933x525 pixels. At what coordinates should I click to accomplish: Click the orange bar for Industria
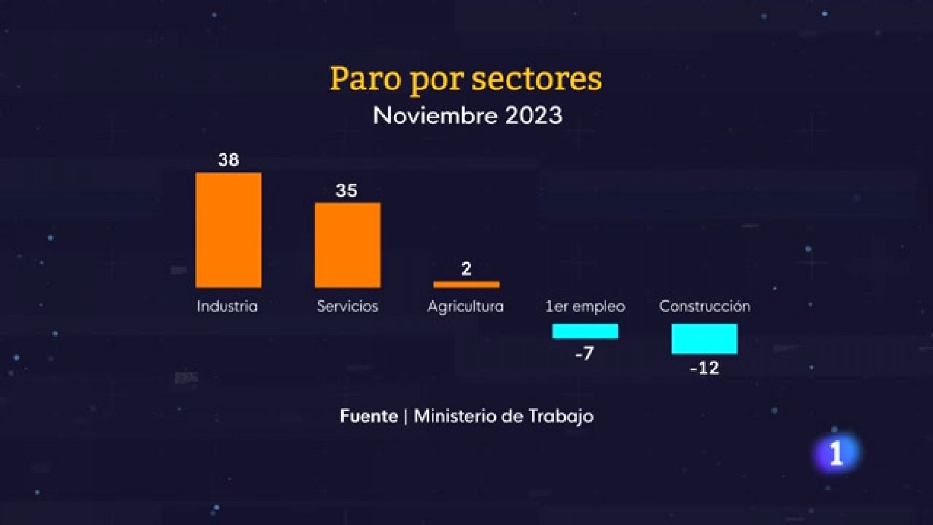229,230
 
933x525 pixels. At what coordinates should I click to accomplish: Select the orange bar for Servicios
348,245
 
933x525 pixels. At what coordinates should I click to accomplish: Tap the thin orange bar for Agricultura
466,285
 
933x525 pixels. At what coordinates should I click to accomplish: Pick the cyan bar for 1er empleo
585,331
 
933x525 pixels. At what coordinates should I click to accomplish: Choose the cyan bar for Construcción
704,339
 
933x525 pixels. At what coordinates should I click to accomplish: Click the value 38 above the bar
229,160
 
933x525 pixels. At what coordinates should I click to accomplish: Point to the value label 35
346,191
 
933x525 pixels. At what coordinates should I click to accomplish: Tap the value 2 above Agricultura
466,269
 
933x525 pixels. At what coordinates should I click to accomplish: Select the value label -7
584,353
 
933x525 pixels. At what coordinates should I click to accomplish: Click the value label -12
704,368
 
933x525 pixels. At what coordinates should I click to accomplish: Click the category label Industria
227,306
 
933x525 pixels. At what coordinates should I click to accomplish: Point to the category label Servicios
348,306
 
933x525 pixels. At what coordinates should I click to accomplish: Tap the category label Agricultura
465,306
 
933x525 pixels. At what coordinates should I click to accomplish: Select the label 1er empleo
585,306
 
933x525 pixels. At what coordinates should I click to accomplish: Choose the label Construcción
704,306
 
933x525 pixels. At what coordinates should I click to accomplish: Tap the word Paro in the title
365,79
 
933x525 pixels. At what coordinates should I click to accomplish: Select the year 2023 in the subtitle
533,116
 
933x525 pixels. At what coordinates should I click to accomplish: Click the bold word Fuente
369,416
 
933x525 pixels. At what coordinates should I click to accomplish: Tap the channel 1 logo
836,453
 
